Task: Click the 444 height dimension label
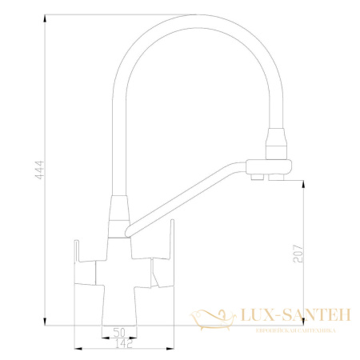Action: pos(38,170)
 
